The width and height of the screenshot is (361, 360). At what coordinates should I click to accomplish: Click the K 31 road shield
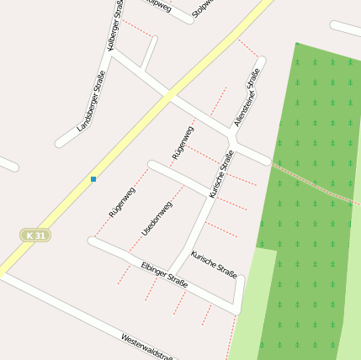pos(36,235)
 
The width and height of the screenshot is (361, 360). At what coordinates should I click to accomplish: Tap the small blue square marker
pos(93,178)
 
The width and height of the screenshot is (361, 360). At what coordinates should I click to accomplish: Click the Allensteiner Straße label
pos(246,98)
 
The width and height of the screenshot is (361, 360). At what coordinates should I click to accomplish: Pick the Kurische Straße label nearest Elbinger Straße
pos(214,263)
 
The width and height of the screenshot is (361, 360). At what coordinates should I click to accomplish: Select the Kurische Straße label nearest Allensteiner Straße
pos(221,173)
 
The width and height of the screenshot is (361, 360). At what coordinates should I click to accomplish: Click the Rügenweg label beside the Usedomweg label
pos(121,203)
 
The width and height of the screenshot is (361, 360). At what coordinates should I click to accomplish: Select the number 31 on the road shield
pos(40,235)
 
